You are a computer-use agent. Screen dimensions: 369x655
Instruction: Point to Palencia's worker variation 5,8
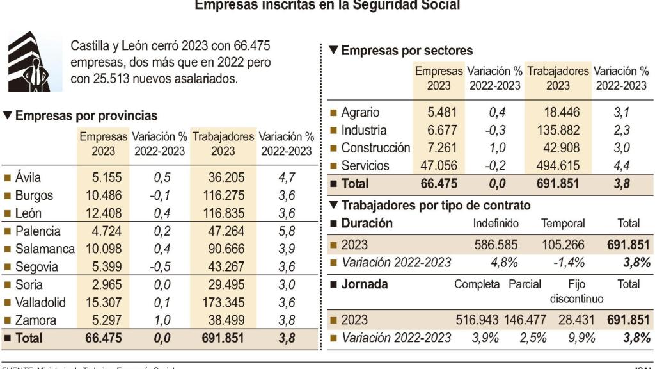287,231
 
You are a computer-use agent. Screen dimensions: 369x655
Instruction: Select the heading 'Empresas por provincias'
86,116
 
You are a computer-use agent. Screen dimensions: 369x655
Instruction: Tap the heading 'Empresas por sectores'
407,51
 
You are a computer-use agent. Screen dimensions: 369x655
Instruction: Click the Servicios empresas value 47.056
438,166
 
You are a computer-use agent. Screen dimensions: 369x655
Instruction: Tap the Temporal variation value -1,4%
563,263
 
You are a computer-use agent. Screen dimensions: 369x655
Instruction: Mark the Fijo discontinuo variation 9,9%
581,338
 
